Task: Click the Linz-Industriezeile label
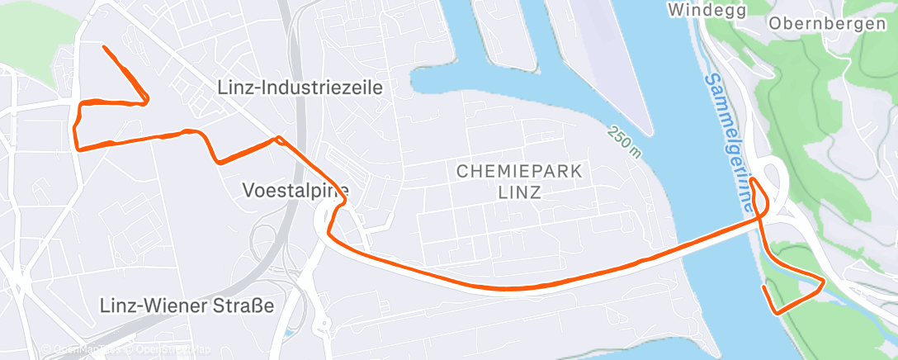tap(300, 87)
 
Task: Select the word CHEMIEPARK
tap(519, 172)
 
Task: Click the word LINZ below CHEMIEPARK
tap(520, 193)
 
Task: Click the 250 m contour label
tap(624, 140)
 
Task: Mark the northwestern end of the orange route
tap(103, 47)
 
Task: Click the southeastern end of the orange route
tap(765, 287)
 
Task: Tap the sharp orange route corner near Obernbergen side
tap(823, 283)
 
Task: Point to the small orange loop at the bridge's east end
tap(759, 195)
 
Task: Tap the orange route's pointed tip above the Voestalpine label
tap(279, 138)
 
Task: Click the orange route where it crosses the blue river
tap(710, 232)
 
